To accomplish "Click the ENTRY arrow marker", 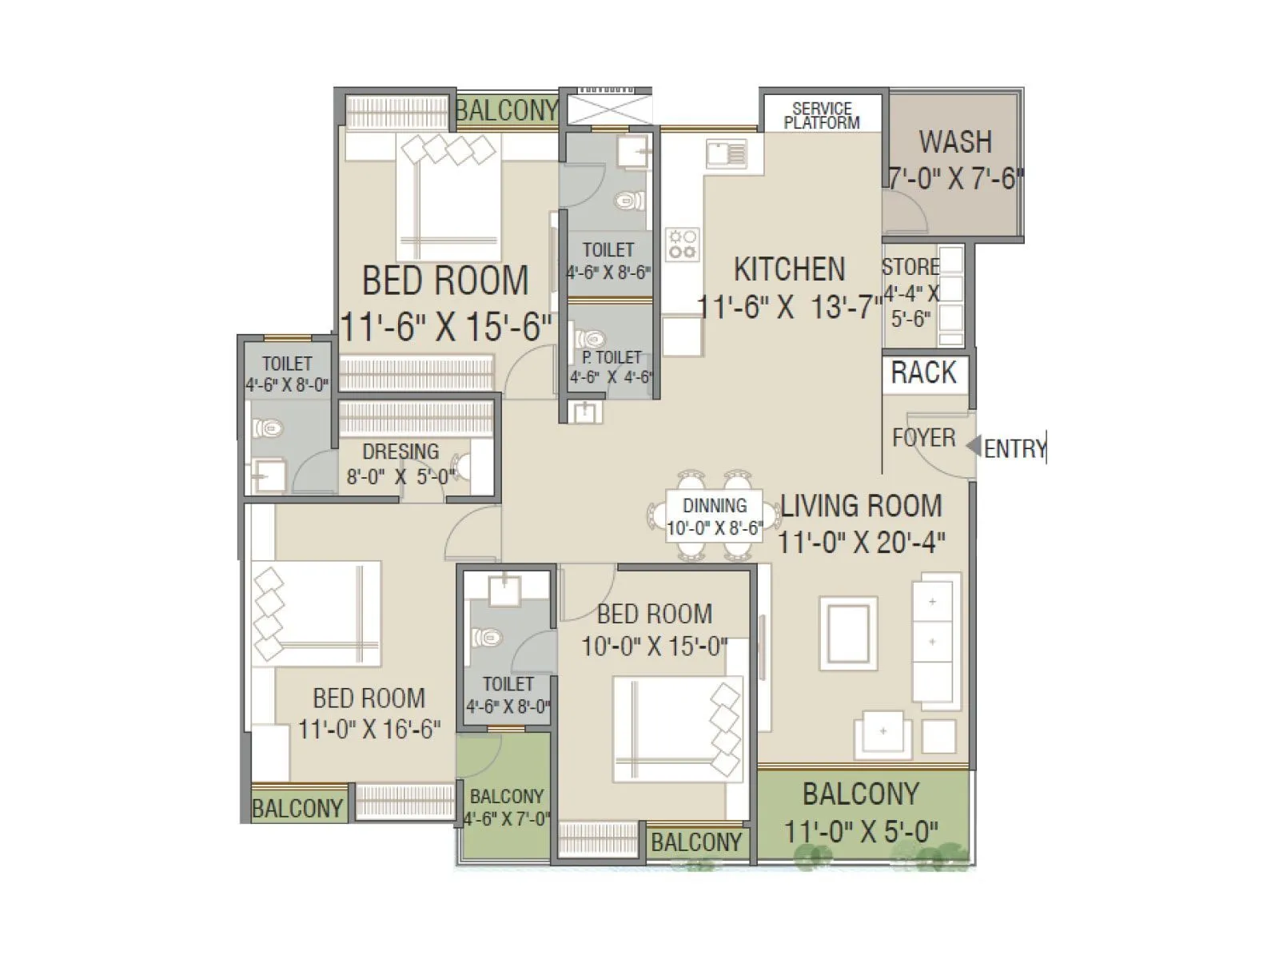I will (973, 446).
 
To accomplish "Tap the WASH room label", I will (955, 142).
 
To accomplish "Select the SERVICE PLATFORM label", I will (822, 115).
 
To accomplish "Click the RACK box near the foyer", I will (924, 372).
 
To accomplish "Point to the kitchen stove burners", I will (683, 244).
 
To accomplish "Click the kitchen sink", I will (727, 152).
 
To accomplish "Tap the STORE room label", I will (910, 267).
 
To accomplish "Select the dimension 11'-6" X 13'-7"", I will (790, 306).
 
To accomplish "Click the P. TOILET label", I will (612, 357).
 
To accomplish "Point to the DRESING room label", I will (400, 452).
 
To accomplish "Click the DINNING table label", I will (715, 505).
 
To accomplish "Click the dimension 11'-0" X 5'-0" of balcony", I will (861, 831).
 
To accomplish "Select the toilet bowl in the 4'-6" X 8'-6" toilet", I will (632, 200).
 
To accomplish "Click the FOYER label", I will (923, 438).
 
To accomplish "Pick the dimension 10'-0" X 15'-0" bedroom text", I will (654, 646).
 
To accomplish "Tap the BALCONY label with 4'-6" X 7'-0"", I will (507, 797).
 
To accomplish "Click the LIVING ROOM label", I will (861, 506).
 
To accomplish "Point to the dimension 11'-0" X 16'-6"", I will (369, 729).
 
